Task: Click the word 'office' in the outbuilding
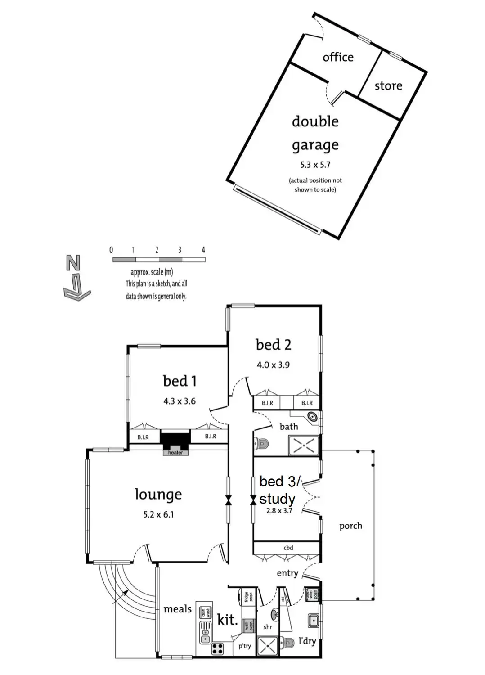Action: click(338, 57)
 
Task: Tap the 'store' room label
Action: click(388, 85)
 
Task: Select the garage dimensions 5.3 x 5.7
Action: click(315, 165)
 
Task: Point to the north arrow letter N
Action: click(73, 263)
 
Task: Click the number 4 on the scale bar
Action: click(203, 250)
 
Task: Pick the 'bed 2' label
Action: click(273, 345)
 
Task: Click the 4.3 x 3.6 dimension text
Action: click(179, 401)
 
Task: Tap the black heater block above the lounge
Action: click(175, 439)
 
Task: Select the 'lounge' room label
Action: click(158, 494)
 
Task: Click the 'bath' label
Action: click(288, 426)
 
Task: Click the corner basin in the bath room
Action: click(312, 417)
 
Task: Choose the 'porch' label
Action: click(350, 526)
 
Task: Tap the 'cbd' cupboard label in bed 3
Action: click(288, 548)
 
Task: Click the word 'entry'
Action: click(287, 573)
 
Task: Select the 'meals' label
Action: click(177, 609)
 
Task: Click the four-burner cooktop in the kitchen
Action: click(218, 648)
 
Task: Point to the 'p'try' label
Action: click(245, 646)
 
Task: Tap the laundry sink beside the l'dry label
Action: click(314, 621)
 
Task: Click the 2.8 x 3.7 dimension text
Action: click(279, 510)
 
